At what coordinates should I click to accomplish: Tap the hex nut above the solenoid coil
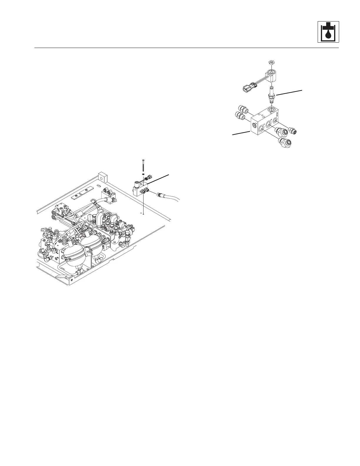point(272,62)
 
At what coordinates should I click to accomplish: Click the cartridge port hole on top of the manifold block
point(272,110)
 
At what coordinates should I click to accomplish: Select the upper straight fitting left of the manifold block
point(241,109)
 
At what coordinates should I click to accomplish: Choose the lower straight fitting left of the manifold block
point(240,116)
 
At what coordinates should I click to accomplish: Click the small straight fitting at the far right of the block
point(292,130)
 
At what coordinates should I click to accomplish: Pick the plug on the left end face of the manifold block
point(254,125)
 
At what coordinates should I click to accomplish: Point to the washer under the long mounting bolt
point(143,174)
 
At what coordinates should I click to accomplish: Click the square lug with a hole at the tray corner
point(102,177)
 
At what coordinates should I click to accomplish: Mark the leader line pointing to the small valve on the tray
point(158,179)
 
